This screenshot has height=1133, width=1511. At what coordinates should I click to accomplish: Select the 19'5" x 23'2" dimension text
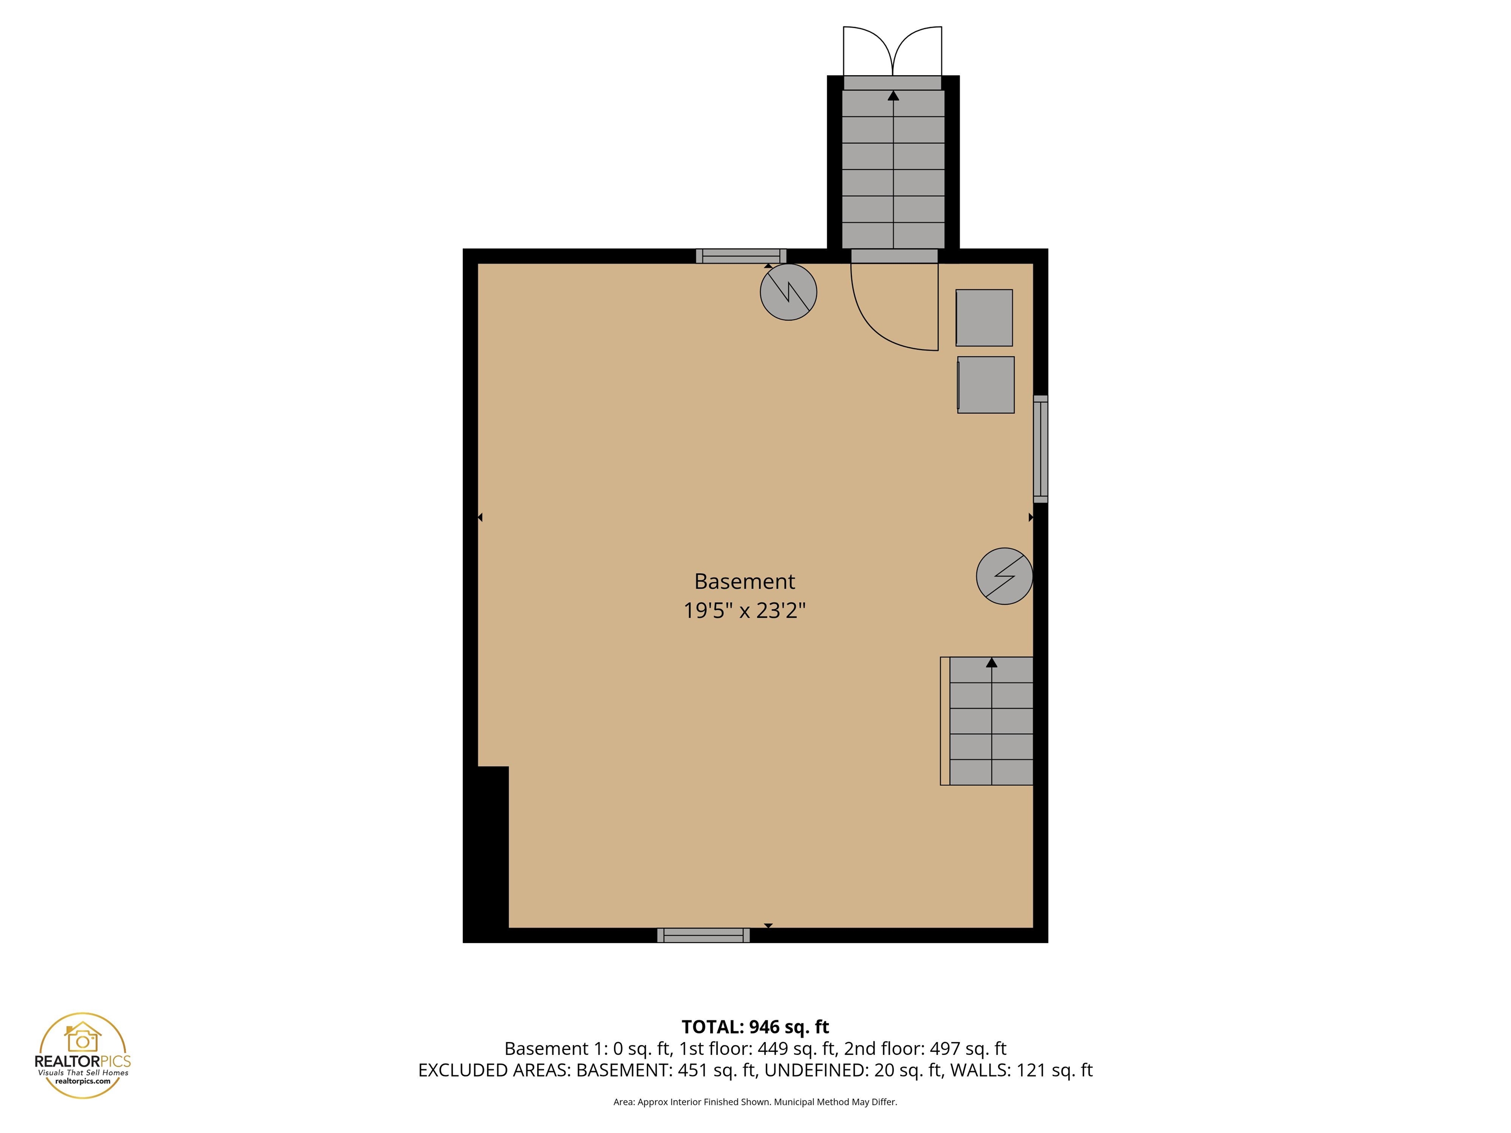pyautogui.click(x=745, y=610)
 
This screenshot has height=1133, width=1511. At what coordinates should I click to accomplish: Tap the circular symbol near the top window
pyautogui.click(x=788, y=292)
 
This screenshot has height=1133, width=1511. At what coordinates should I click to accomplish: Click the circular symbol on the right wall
pyautogui.click(x=1004, y=576)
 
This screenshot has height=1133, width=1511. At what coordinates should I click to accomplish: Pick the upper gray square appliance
pyautogui.click(x=984, y=318)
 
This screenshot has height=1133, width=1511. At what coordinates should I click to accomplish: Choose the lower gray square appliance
pyautogui.click(x=986, y=385)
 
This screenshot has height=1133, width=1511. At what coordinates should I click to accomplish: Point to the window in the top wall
pyautogui.click(x=741, y=256)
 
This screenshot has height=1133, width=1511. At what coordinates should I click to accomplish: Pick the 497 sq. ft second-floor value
pyautogui.click(x=968, y=1048)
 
